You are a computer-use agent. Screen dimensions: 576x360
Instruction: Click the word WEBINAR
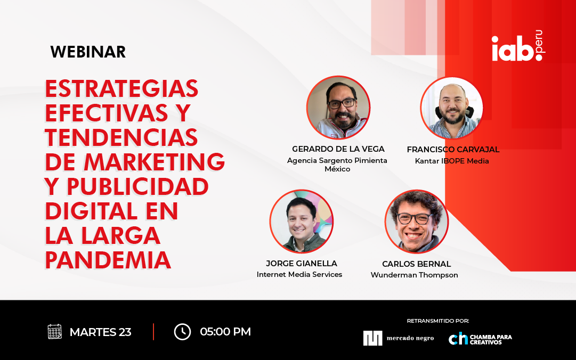tap(88, 52)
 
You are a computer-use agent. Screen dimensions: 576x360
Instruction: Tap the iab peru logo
tap(518, 46)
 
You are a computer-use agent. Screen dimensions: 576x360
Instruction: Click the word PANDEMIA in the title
tap(108, 260)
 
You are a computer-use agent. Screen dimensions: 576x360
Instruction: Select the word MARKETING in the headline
tap(155, 162)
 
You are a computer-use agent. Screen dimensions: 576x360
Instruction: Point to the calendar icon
tap(55, 331)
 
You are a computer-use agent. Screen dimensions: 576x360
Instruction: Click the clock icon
tap(182, 332)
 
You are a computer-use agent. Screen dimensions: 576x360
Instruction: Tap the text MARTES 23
tap(100, 332)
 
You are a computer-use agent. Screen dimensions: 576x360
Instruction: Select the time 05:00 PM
tap(225, 332)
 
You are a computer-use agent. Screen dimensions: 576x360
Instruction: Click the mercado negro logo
tap(399, 338)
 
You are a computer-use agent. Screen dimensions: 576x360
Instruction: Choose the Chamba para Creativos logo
tap(480, 339)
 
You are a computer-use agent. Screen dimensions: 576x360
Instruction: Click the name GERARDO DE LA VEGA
tap(338, 149)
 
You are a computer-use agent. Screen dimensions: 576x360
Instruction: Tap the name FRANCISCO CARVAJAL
tap(453, 149)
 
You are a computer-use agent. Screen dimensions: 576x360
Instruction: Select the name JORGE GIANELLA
tap(301, 264)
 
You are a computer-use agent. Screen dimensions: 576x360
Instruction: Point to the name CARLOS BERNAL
tap(416, 264)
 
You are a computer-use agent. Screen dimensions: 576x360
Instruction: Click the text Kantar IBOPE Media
tap(452, 161)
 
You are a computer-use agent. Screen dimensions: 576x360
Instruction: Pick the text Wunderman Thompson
tap(415, 275)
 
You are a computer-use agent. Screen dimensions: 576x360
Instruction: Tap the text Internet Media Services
tap(299, 274)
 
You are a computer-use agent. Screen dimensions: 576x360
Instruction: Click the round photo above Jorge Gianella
tap(302, 222)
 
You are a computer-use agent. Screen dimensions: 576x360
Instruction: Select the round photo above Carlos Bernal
tap(417, 222)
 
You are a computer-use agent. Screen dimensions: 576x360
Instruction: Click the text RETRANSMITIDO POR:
tap(438, 321)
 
